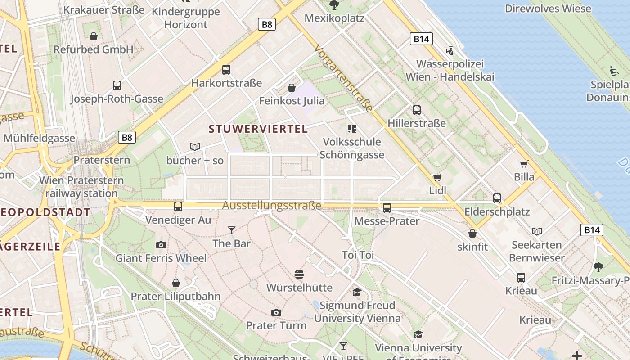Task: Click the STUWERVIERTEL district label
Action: click(258, 129)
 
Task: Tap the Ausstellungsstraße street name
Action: click(272, 206)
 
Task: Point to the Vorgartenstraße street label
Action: click(344, 78)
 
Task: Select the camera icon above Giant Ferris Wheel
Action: click(161, 245)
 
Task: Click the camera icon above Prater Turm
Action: click(276, 312)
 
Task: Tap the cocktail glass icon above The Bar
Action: click(231, 230)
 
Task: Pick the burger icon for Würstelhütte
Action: click(299, 274)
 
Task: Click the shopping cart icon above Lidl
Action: click(437, 177)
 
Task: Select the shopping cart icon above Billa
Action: click(524, 164)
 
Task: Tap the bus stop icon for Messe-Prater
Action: click(387, 207)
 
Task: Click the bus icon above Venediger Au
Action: click(178, 206)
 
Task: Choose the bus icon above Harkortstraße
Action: click(226, 70)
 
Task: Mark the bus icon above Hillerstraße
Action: click(417, 110)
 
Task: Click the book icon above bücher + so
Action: click(195, 147)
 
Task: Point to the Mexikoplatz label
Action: click(334, 18)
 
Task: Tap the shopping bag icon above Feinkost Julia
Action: click(292, 87)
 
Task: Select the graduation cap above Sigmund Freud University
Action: click(357, 292)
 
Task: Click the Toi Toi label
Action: click(358, 255)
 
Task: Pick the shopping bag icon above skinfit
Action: click(472, 234)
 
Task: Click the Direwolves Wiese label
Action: click(548, 9)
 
